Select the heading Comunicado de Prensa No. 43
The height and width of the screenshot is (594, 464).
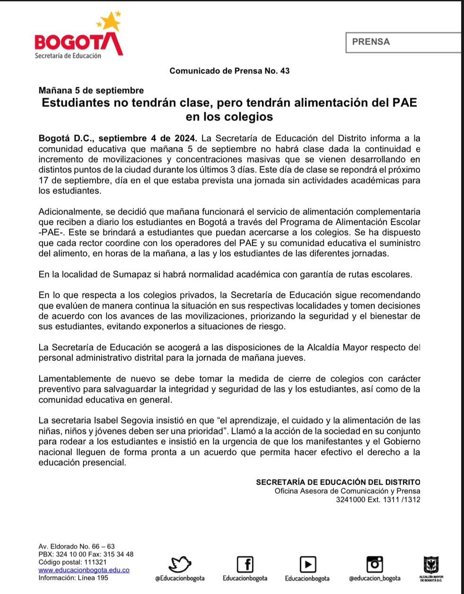tap(229, 71)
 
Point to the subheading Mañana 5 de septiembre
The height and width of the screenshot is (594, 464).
tap(91, 90)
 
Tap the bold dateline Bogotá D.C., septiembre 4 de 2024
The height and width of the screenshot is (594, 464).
tap(117, 139)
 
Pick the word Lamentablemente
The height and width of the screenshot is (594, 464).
tap(74, 379)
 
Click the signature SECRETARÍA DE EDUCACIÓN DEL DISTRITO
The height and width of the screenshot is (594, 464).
tap(338, 482)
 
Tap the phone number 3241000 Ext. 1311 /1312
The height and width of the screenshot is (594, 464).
tap(378, 499)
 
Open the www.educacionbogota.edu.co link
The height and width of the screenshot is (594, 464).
tap(84, 570)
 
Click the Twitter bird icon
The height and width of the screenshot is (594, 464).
tap(180, 564)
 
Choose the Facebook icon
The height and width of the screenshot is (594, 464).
tap(245, 564)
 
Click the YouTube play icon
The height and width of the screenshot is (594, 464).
tap(307, 564)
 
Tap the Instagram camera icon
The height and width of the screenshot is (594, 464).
tap(375, 563)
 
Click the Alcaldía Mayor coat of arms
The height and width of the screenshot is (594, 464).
tap(431, 564)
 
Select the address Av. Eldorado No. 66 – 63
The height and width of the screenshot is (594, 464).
tap(76, 546)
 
